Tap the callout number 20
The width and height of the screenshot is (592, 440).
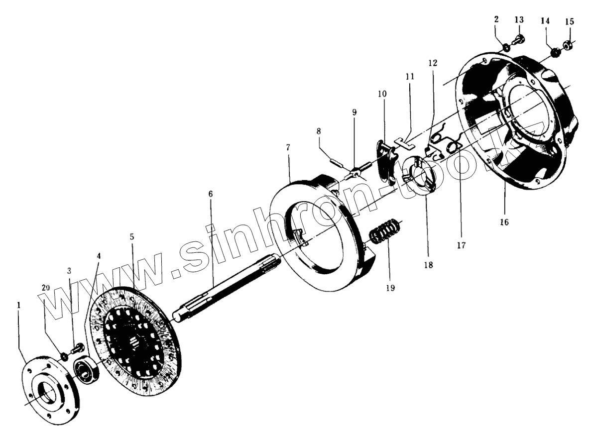[46, 288]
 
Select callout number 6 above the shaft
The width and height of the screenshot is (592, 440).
[210, 193]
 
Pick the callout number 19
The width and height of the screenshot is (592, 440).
[390, 287]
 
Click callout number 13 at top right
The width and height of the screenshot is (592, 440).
[519, 19]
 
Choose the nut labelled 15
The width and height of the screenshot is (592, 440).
[567, 46]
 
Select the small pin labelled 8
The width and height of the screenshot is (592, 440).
[338, 162]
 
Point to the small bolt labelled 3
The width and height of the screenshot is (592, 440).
[77, 349]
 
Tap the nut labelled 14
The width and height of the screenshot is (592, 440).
[553, 51]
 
